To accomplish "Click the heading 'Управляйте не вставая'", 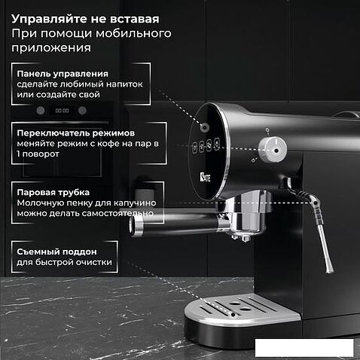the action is (x=85, y=19).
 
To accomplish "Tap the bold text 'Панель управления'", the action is (x=63, y=74).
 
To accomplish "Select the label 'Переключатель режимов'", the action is (x=76, y=133).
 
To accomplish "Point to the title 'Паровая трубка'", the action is (x=53, y=192).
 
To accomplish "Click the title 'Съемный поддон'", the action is (x=56, y=252).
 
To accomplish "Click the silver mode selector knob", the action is (x=273, y=150).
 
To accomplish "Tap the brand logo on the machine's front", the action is (x=205, y=177).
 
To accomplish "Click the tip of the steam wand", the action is (x=329, y=271).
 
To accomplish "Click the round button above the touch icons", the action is (x=204, y=127).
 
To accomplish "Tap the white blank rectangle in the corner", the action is (x=304, y=348).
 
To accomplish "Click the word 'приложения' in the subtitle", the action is (x=51, y=47).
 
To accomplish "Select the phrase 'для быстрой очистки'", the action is (x=64, y=262).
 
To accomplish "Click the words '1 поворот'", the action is (x=38, y=154).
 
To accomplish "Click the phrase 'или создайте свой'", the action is (x=58, y=95).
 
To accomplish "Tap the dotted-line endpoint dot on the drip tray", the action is (x=233, y=315).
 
